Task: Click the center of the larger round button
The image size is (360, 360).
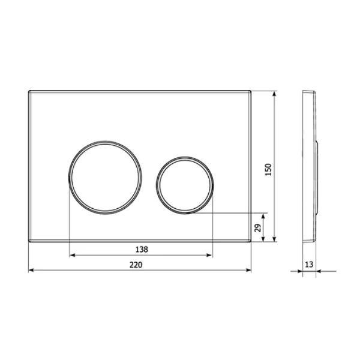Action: [x=106, y=176]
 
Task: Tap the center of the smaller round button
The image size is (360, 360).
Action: [x=185, y=184]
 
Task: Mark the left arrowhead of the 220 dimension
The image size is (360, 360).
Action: [x=31, y=270]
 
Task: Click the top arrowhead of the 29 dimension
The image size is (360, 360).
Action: [x=264, y=215]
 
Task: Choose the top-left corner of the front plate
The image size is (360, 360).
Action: [x=29, y=91]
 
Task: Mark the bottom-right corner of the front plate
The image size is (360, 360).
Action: [x=250, y=242]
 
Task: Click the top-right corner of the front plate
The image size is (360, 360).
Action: [x=250, y=91]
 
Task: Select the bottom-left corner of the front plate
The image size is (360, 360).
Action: [x=29, y=242]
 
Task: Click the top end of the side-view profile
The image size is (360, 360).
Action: [x=307, y=92]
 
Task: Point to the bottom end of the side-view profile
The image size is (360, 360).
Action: [x=307, y=241]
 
